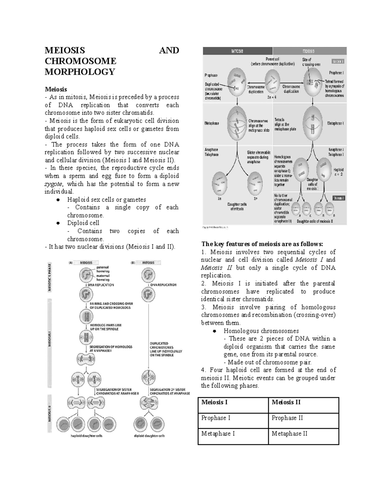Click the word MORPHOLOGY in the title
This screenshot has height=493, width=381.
(80, 72)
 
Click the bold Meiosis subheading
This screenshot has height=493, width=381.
(56, 89)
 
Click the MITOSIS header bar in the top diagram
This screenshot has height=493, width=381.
(237, 51)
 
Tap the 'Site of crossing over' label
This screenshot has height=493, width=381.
(311, 62)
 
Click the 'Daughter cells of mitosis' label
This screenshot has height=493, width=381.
(237, 207)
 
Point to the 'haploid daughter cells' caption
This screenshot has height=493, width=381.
(86, 436)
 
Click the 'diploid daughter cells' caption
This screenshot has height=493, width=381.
(149, 436)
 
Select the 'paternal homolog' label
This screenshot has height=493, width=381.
(103, 270)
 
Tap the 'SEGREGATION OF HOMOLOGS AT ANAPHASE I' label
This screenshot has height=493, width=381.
(111, 349)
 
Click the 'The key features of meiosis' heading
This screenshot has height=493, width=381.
(262, 244)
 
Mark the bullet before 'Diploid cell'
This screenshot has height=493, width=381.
(58, 223)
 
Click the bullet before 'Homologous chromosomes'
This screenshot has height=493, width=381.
(215, 331)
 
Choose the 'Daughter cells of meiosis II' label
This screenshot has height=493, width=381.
(315, 221)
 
